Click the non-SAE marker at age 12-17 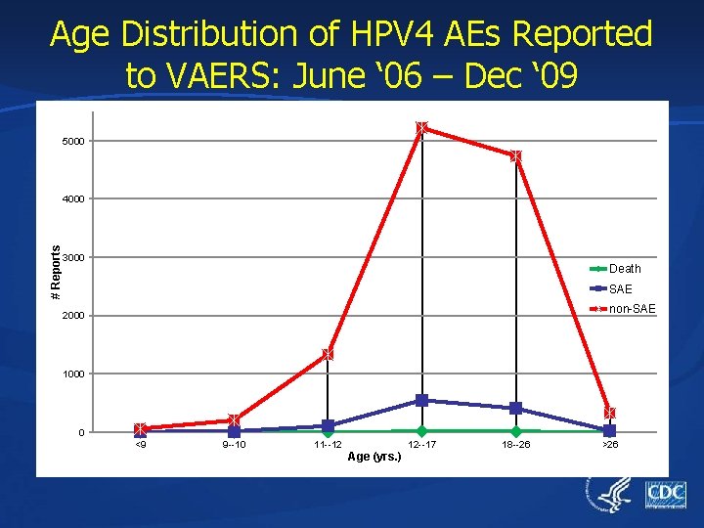(x=421, y=128)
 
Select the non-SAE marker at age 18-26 (x=515, y=156)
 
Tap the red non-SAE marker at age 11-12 (x=328, y=354)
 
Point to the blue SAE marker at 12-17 (x=421, y=400)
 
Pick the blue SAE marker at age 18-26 (x=515, y=408)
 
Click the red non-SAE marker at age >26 (x=609, y=413)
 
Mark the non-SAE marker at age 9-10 (x=234, y=420)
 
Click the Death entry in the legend (x=624, y=269)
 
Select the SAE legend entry (x=620, y=289)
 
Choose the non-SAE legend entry (x=631, y=310)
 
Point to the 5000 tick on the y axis (x=72, y=142)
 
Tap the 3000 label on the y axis (x=72, y=258)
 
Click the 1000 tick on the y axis (x=72, y=374)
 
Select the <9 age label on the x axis (x=141, y=445)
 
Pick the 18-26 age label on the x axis (x=515, y=445)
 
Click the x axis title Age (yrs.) (x=374, y=457)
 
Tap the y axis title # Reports (x=56, y=273)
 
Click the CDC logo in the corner (x=665, y=495)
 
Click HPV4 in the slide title (x=374, y=34)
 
